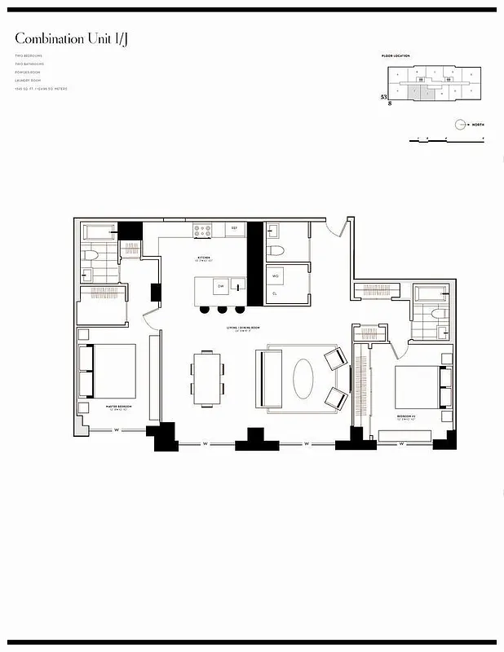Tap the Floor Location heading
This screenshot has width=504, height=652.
click(396, 56)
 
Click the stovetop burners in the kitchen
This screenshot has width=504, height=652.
click(203, 231)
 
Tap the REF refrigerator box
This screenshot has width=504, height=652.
click(234, 229)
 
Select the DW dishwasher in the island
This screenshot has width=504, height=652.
click(219, 285)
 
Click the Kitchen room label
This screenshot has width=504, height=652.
click(204, 258)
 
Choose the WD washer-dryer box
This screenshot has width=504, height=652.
click(276, 275)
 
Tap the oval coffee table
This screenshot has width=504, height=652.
click(302, 378)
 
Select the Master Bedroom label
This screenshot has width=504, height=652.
click(118, 406)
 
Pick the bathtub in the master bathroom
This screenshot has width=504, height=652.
click(100, 231)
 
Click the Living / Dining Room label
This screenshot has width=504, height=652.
click(242, 328)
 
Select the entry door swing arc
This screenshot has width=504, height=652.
click(333, 226)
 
